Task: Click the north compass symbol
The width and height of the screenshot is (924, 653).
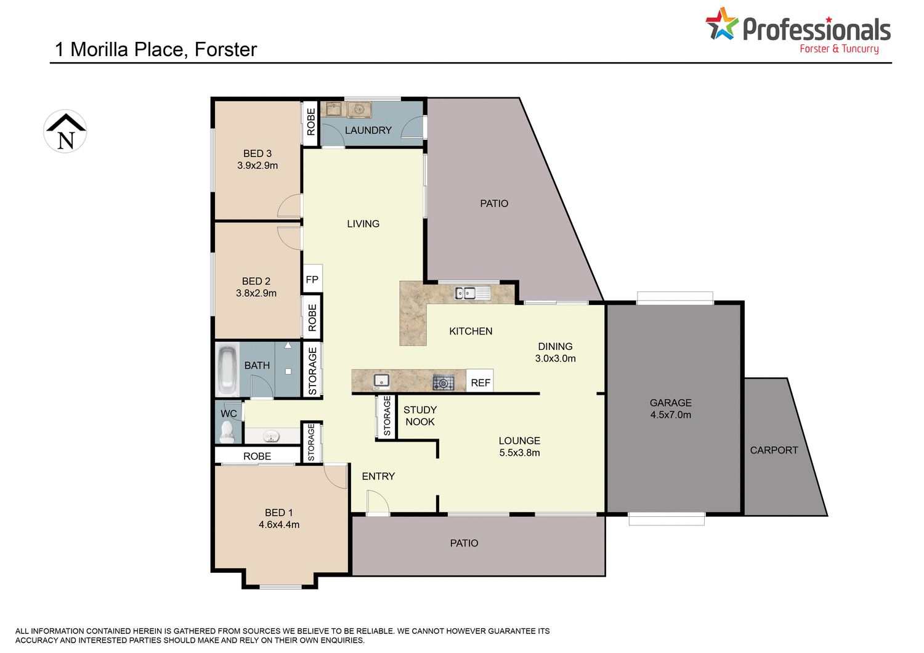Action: [65, 131]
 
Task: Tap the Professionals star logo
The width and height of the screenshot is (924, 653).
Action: [721, 25]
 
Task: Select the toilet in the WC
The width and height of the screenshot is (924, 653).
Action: [228, 432]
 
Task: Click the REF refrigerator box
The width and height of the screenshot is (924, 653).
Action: [480, 383]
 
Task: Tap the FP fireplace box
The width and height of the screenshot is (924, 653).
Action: [312, 280]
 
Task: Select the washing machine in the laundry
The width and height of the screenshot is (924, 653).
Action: [359, 110]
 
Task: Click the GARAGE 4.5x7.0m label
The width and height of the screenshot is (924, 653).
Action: [670, 408]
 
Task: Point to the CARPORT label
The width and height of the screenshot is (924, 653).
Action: [774, 450]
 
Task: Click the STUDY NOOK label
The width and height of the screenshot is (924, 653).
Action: [420, 416]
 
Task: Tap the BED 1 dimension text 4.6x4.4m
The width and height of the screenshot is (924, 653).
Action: [279, 525]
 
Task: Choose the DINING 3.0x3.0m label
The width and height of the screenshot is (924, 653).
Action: [555, 352]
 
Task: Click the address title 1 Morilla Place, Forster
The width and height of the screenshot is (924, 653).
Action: [156, 49]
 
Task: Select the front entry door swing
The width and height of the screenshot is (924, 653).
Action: [376, 503]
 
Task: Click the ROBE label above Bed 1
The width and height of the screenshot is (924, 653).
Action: [257, 456]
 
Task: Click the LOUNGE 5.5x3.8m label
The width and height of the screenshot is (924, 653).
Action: [519, 447]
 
